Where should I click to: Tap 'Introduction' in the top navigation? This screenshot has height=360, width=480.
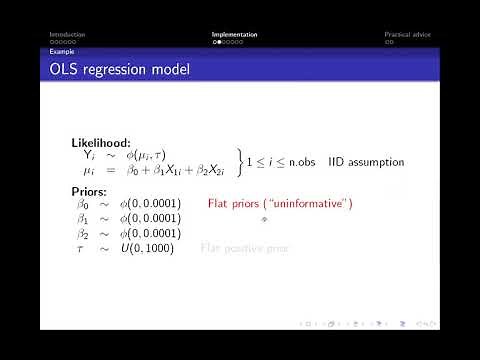click(x=69, y=35)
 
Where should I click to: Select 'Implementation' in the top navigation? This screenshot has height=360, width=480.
click(x=234, y=35)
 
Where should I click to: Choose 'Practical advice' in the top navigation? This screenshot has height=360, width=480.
click(x=406, y=35)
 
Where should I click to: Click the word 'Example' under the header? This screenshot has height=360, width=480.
click(x=62, y=51)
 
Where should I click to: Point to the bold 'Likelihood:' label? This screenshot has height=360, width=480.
click(x=101, y=143)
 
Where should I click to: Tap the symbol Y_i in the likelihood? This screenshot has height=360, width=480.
click(x=87, y=156)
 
